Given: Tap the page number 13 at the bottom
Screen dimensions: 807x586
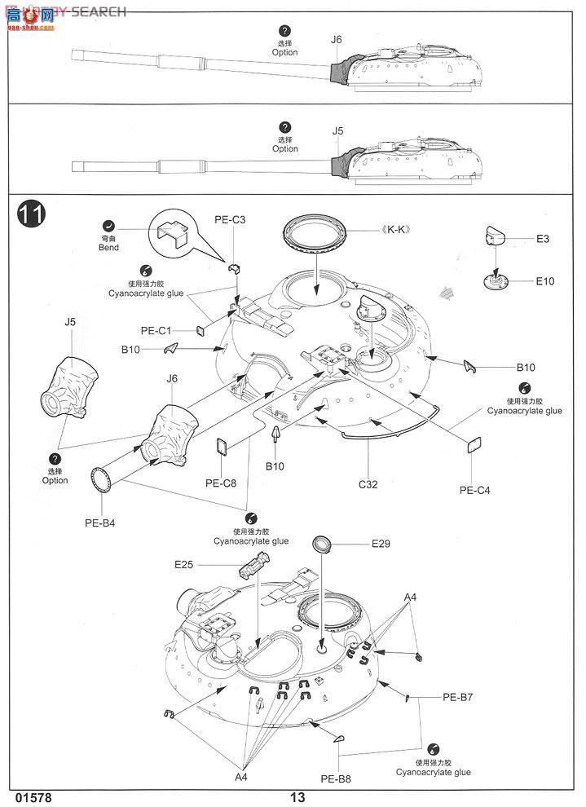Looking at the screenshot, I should click(x=296, y=797).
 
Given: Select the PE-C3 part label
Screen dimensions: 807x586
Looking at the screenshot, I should click(x=230, y=219).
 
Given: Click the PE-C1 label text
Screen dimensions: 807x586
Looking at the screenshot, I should click(x=156, y=330).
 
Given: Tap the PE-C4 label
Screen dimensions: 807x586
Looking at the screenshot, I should click(x=474, y=490).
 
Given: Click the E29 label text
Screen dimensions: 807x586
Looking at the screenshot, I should click(x=381, y=544).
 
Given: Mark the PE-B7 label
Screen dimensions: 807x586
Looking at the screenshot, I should click(x=459, y=697).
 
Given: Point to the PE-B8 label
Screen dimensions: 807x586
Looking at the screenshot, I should click(x=335, y=778).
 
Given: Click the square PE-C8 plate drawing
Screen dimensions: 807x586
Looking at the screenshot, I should click(x=221, y=446).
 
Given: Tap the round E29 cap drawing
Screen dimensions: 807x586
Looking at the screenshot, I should click(x=322, y=544).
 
